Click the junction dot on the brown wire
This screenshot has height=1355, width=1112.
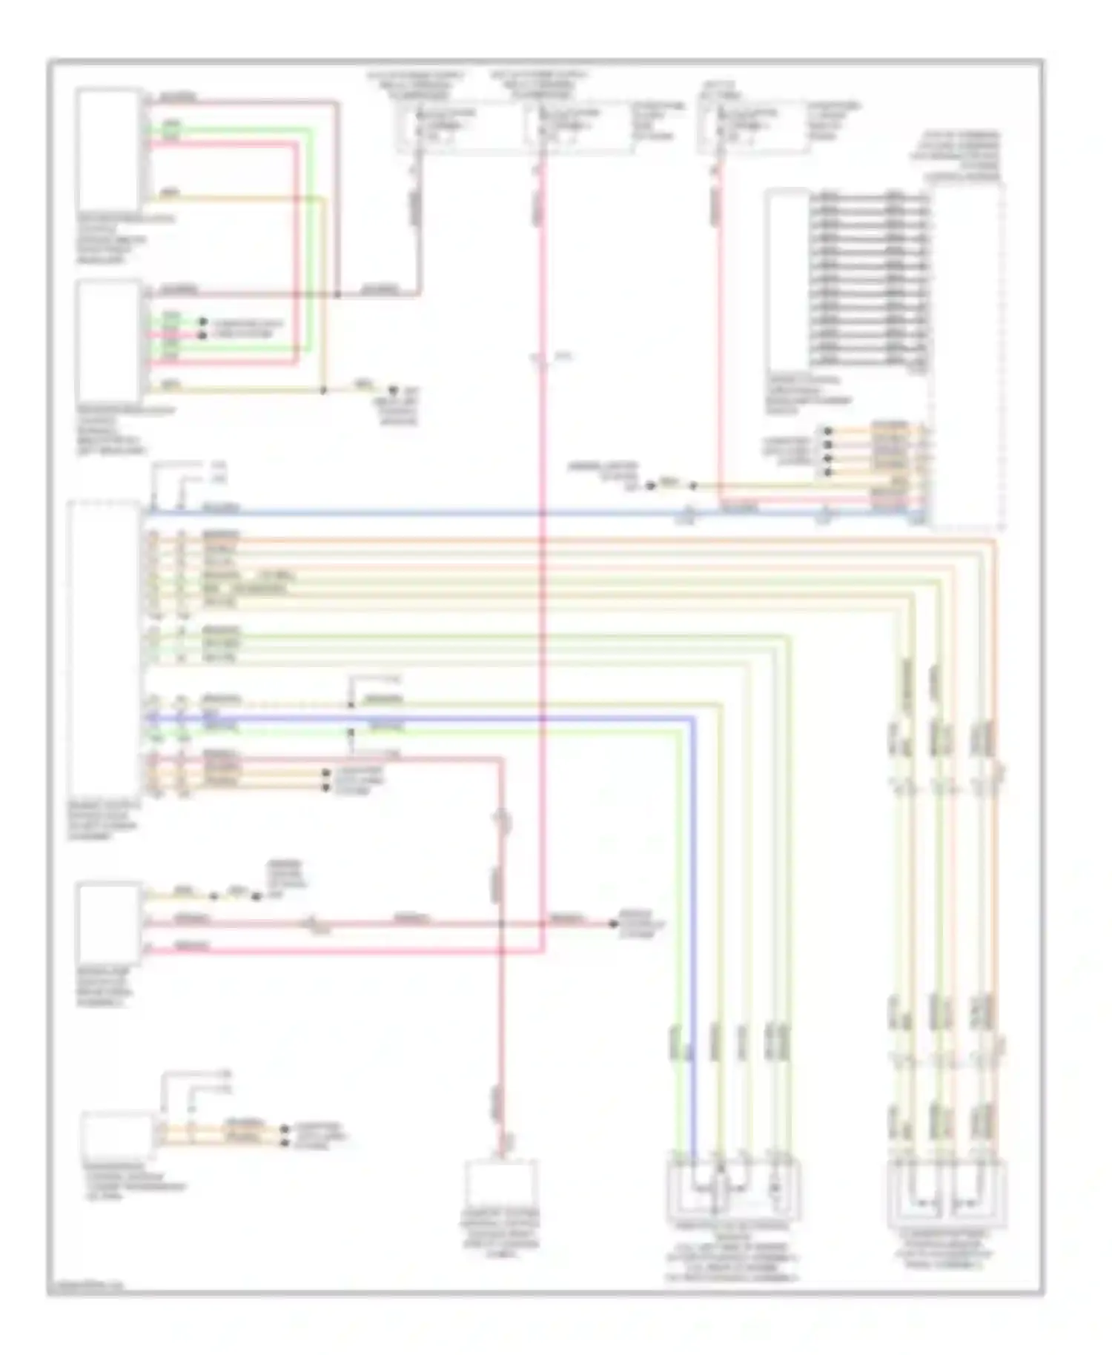tap(337, 294)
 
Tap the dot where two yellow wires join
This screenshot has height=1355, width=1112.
tap(324, 390)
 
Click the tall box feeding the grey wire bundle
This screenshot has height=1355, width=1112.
tap(787, 278)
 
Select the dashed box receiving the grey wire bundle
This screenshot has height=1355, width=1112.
tap(967, 356)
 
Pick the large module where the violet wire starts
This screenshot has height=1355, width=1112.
tap(104, 652)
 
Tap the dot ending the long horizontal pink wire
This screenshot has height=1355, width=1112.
tap(613, 924)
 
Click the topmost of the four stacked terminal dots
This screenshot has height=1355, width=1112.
tap(828, 431)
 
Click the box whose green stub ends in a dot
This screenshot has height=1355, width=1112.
tap(109, 342)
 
